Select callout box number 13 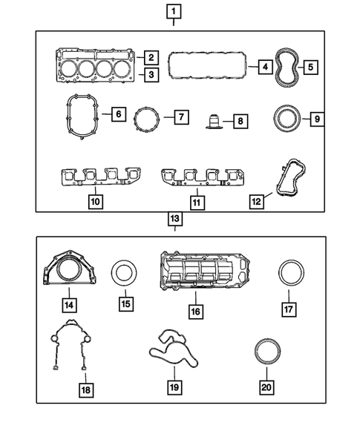point(174,219)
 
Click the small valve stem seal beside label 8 point(216,119)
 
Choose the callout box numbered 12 point(257,200)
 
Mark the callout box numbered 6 point(117,115)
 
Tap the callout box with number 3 point(150,74)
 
